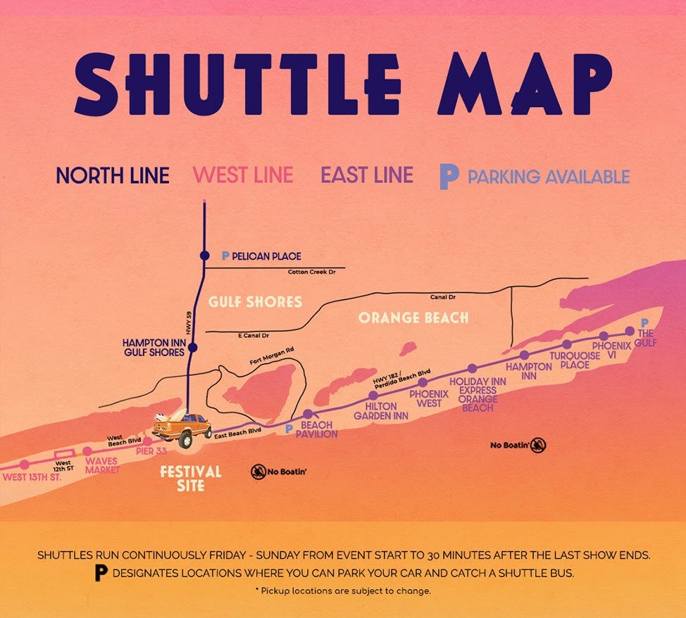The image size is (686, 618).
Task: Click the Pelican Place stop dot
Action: [204, 256]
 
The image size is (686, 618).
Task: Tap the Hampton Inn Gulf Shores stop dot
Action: [193, 347]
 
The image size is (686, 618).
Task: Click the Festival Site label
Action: [190, 478]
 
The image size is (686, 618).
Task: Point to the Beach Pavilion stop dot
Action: [307, 414]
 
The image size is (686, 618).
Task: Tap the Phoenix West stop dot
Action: [423, 382]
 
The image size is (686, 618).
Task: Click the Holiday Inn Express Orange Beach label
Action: [478, 394]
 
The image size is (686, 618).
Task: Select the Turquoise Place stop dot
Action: [567, 344]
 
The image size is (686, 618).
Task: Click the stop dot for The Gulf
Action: [630, 330]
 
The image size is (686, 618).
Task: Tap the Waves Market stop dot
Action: [87, 452]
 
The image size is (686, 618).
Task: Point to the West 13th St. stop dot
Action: [25, 465]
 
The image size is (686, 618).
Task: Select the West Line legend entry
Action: [243, 175]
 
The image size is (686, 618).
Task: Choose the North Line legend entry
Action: [113, 175]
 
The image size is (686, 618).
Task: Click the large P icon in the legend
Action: [449, 177]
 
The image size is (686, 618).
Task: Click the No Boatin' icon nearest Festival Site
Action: [258, 472]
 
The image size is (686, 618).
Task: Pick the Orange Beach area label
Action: [413, 317]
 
